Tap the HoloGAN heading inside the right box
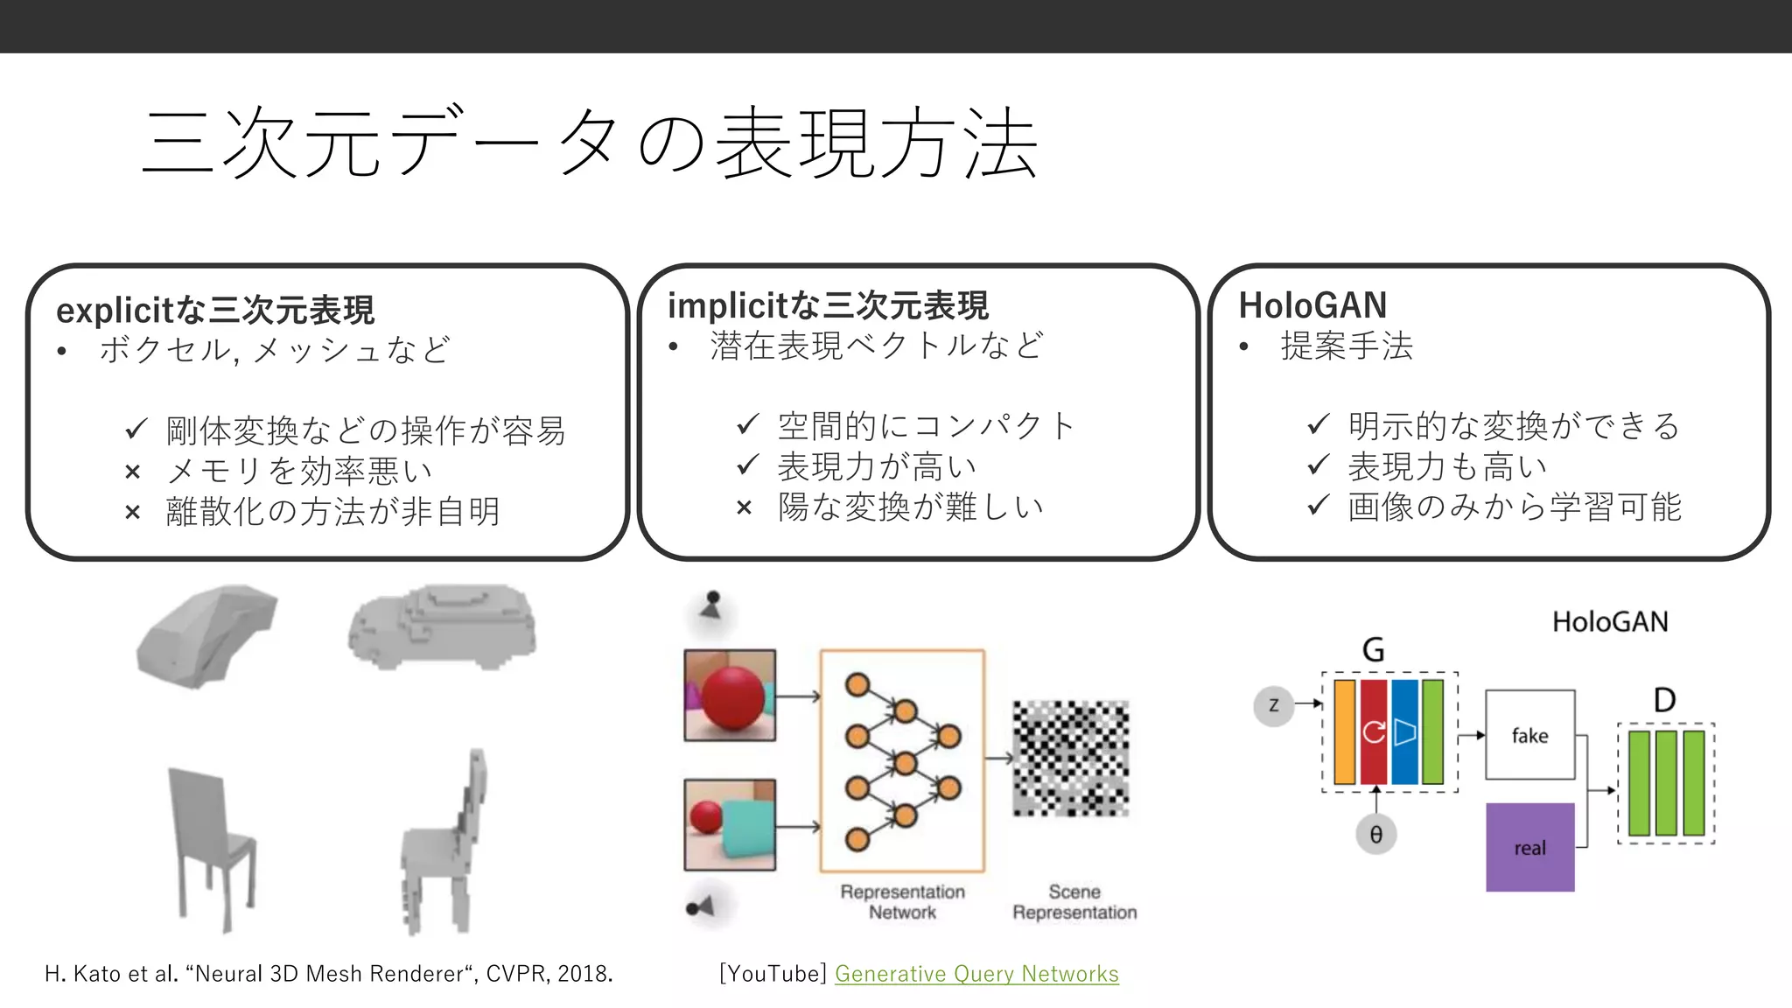pyautogui.click(x=1312, y=305)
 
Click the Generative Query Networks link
pyautogui.click(x=976, y=974)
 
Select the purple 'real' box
pyautogui.click(x=1529, y=847)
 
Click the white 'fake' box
pyautogui.click(x=1529, y=735)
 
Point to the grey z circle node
pyautogui.click(x=1273, y=705)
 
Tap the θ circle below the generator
pyautogui.click(x=1375, y=835)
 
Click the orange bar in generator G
pyautogui.click(x=1344, y=732)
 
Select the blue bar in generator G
pyautogui.click(x=1403, y=732)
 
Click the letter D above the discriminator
pyautogui.click(x=1664, y=700)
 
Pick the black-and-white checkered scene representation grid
pyautogui.click(x=1071, y=758)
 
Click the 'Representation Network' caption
pyautogui.click(x=902, y=902)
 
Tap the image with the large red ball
pyautogui.click(x=730, y=695)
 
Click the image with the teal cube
pyautogui.click(x=730, y=824)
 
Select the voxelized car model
pyautogui.click(x=443, y=626)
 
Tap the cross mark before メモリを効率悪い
pyautogui.click(x=133, y=472)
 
